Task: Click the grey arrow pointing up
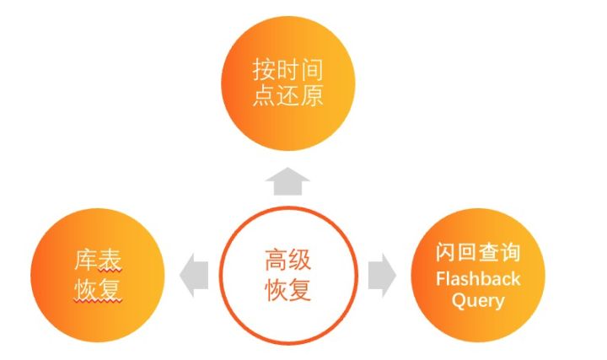[287, 180]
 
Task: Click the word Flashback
[478, 279]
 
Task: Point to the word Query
[478, 300]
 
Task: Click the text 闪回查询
[478, 253]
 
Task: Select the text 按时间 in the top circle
[287, 70]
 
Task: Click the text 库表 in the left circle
[99, 261]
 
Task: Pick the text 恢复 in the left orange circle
[99, 289]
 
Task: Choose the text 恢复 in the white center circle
[288, 289]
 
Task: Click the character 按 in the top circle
[264, 70]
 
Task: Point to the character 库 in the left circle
[86, 261]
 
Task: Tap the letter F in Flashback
[440, 279]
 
